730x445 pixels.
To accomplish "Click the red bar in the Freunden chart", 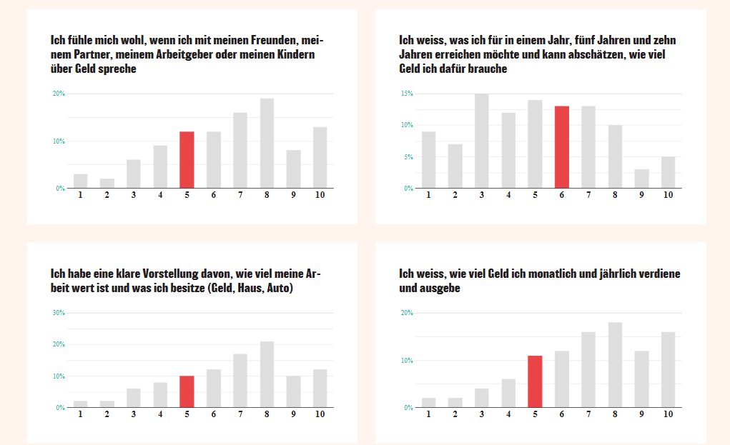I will (187, 160).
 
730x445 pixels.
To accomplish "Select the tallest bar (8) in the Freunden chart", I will (267, 143).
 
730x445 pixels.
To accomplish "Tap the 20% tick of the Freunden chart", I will (58, 94).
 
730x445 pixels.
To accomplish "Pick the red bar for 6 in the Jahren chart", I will (562, 147).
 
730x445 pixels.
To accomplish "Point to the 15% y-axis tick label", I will (407, 94).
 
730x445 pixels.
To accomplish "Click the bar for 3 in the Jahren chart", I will (482, 141).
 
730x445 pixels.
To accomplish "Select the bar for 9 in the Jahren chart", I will (641, 179).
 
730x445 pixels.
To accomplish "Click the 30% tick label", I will (58, 313).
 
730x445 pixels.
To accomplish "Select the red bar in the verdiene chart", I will (536, 381).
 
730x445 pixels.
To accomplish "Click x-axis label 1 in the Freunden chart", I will (80, 195).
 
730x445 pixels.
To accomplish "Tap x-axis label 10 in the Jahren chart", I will (668, 195).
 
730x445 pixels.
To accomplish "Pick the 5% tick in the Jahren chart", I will (408, 156).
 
